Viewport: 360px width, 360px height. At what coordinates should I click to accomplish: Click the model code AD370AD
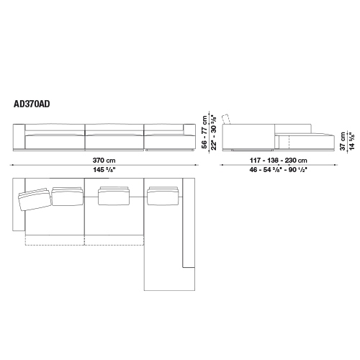click(x=32, y=104)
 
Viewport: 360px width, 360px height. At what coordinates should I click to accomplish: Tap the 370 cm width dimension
click(x=104, y=160)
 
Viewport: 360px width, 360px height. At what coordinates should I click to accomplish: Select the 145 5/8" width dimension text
click(x=104, y=170)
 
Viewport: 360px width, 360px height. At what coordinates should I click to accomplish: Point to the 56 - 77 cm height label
click(x=204, y=132)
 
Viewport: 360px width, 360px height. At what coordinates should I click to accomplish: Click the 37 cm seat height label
click(x=343, y=141)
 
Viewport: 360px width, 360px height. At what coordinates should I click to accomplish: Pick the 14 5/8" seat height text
click(x=351, y=141)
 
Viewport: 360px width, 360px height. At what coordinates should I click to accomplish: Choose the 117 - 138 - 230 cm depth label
click(x=279, y=161)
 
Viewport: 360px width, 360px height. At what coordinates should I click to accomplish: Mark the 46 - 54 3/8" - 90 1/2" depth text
click(x=279, y=170)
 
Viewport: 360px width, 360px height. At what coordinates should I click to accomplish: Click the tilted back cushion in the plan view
click(x=35, y=199)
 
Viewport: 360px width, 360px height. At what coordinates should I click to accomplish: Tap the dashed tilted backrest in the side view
click(x=226, y=119)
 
